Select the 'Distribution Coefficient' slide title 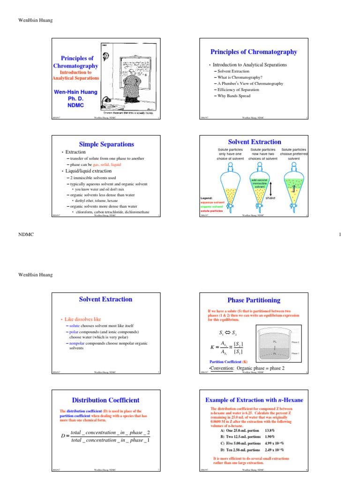pyautogui.click(x=105, y=400)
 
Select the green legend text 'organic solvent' pyautogui.click(x=212, y=207)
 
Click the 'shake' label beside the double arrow pyautogui.click(x=270, y=198)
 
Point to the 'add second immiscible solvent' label pyautogui.click(x=259, y=183)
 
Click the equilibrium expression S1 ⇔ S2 pyautogui.click(x=224, y=334)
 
